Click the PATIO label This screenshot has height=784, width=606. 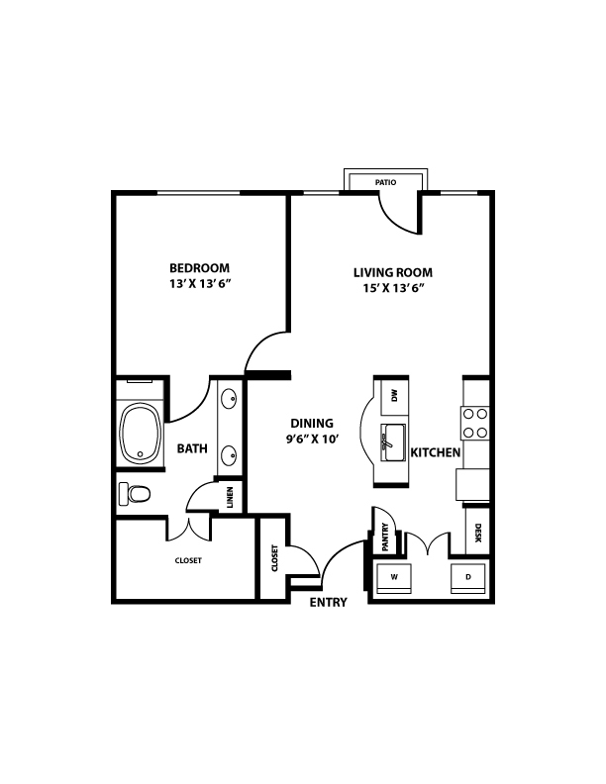pyautogui.click(x=385, y=182)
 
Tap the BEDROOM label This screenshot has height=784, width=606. pyautogui.click(x=199, y=268)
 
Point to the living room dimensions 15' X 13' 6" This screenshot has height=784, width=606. pyautogui.click(x=393, y=288)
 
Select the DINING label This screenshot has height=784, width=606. pyautogui.click(x=312, y=424)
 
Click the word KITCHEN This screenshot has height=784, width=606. pyautogui.click(x=436, y=452)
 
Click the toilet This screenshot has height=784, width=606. pyautogui.click(x=134, y=494)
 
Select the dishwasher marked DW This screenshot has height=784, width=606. pyautogui.click(x=395, y=397)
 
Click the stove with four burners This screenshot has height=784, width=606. pyautogui.click(x=475, y=423)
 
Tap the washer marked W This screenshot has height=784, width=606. pyautogui.click(x=394, y=578)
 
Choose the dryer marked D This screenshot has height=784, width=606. pyautogui.click(x=468, y=578)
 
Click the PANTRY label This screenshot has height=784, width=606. pyautogui.click(x=385, y=537)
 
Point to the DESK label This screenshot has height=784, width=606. pyautogui.click(x=478, y=533)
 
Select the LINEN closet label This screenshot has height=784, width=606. pyautogui.click(x=230, y=498)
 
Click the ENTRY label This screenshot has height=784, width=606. pyautogui.click(x=329, y=602)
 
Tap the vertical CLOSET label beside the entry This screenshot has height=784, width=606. pyautogui.click(x=274, y=558)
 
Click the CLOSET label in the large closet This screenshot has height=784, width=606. pyautogui.click(x=188, y=560)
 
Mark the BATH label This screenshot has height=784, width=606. pyautogui.click(x=192, y=448)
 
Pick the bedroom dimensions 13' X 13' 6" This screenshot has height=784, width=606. pyautogui.click(x=200, y=284)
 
